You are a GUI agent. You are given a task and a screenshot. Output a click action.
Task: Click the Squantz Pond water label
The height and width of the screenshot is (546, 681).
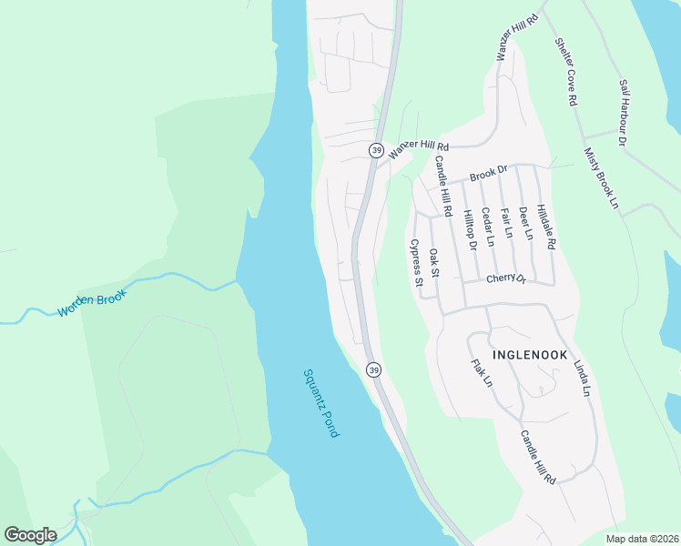[x=320, y=402]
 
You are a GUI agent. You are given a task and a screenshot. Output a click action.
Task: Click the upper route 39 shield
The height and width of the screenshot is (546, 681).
[x=375, y=149]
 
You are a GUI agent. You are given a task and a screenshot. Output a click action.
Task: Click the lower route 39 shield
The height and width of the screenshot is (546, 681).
[x=373, y=369]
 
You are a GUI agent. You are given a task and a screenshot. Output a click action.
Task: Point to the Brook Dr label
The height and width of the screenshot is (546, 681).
[x=488, y=174]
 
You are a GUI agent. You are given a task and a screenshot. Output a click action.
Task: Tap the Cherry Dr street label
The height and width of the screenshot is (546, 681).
[x=506, y=278]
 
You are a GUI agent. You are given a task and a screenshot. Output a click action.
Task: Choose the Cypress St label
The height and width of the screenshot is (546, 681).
[x=416, y=263]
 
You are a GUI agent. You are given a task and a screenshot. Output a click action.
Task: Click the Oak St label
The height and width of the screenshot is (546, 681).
[x=434, y=264]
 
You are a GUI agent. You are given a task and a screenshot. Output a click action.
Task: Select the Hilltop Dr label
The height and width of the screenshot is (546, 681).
[x=470, y=228]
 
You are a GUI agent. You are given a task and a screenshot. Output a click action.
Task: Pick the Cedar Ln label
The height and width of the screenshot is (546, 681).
[x=487, y=227]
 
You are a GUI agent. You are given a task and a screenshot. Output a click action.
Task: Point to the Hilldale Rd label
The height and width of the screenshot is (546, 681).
[x=545, y=227]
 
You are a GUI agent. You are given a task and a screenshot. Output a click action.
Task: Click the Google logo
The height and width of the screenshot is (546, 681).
[x=30, y=534]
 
